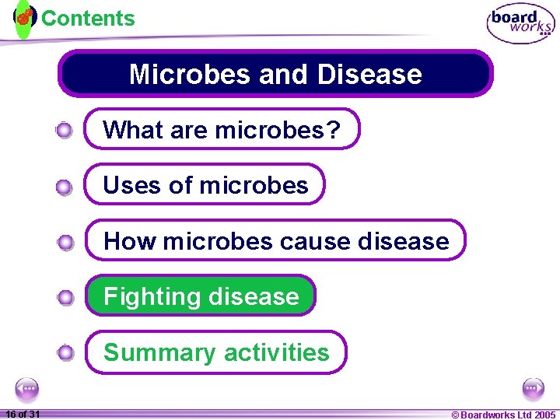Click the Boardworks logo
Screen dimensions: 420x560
(520, 24)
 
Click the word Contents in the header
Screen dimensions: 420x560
(88, 19)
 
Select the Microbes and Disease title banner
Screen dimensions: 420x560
(275, 74)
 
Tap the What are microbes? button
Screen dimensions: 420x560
(222, 129)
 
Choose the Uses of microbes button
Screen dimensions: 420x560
(205, 185)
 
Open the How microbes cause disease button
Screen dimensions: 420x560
(275, 241)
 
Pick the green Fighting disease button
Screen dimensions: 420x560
(201, 296)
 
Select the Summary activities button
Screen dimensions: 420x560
(215, 352)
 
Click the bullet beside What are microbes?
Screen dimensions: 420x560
(65, 131)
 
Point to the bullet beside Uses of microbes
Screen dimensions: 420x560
(65, 187)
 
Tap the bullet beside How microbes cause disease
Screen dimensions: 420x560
(65, 243)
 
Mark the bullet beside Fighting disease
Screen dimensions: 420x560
(65, 298)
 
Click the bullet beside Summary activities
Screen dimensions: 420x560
(65, 354)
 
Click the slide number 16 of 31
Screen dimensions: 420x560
(23, 414)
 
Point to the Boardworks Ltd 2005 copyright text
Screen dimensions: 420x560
(504, 415)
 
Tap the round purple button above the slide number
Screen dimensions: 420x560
(26, 388)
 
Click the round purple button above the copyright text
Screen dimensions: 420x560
(534, 388)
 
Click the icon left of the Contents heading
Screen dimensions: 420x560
(25, 16)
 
